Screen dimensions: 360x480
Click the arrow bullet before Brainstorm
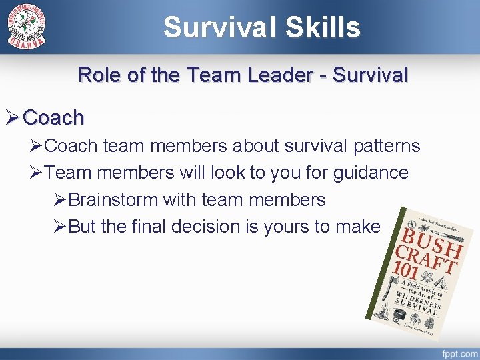point(59,200)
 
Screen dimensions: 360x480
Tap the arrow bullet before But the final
point(59,227)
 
